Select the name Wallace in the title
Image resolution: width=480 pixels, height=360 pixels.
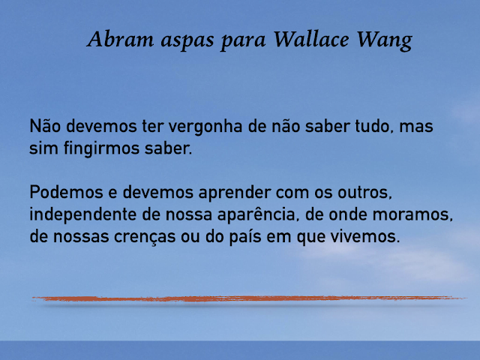click(308, 39)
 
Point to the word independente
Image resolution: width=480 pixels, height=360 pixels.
click(83, 215)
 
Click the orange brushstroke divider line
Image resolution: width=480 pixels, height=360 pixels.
click(247, 298)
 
